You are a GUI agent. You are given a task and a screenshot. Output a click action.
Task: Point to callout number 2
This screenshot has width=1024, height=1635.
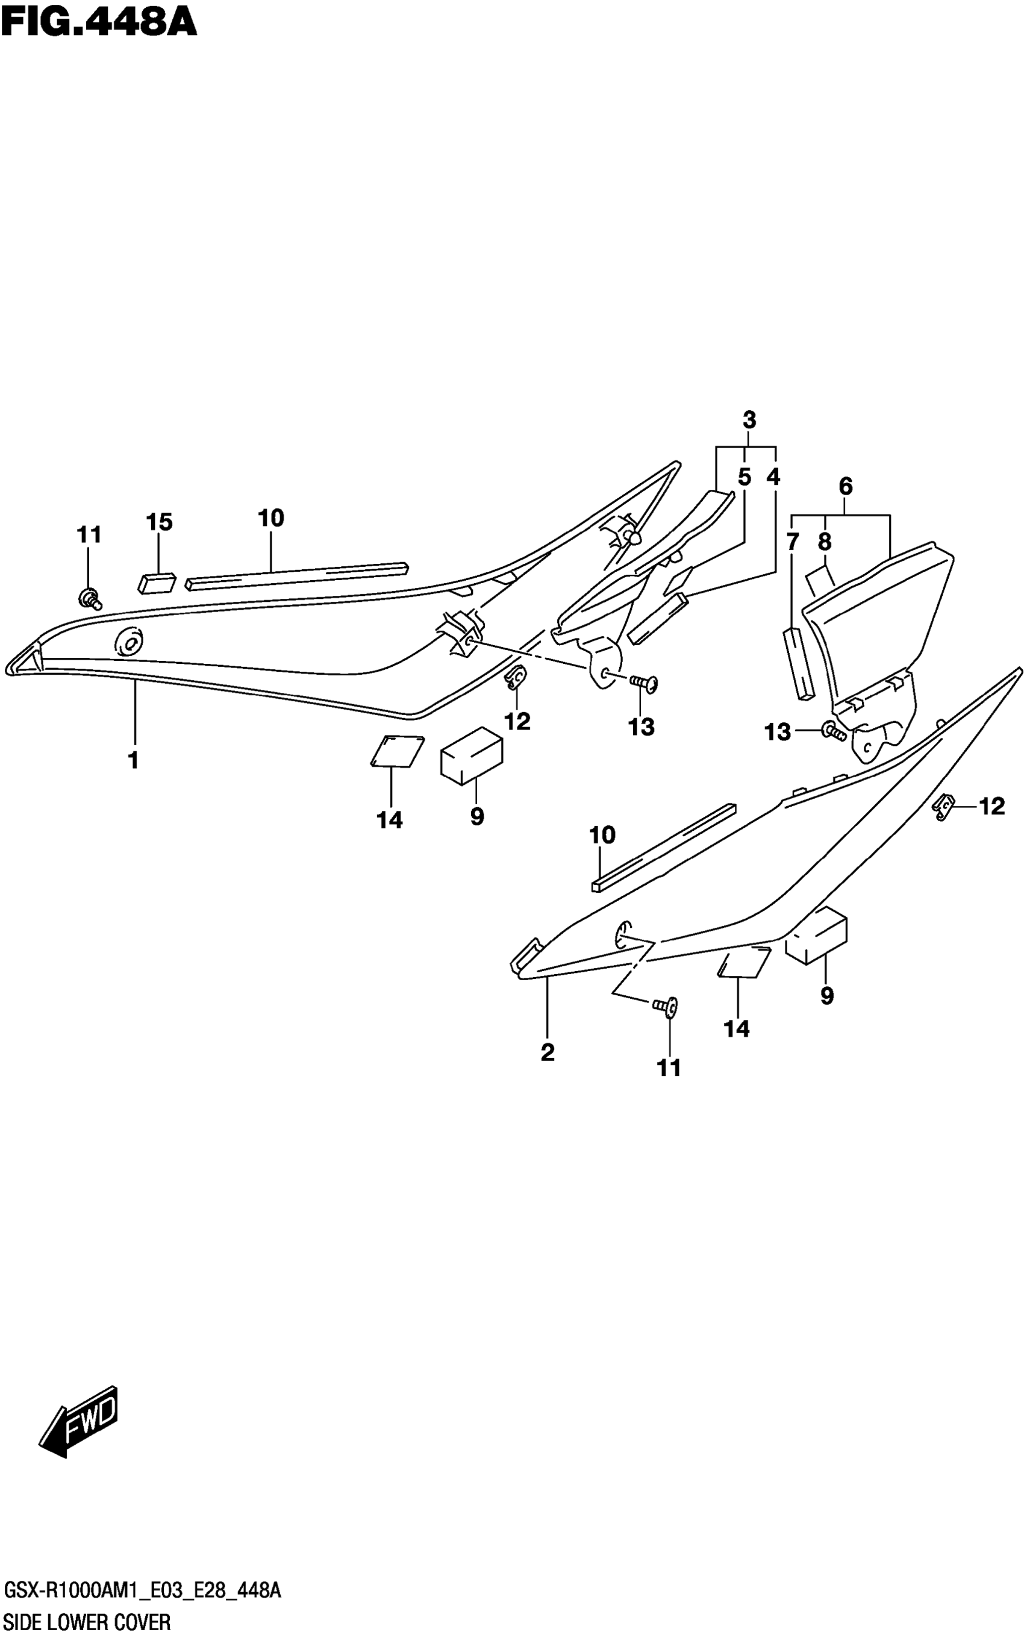(x=547, y=1052)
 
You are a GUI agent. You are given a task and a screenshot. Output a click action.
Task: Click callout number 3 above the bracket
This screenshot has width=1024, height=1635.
(x=748, y=420)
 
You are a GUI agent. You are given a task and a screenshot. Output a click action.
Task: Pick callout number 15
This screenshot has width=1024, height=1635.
(x=159, y=522)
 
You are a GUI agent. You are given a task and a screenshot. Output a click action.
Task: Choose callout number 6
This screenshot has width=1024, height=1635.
(x=845, y=486)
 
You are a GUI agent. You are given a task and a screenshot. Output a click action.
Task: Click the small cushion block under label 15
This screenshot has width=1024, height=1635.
(x=157, y=583)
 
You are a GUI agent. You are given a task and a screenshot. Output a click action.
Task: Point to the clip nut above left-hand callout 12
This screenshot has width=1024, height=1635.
(x=516, y=677)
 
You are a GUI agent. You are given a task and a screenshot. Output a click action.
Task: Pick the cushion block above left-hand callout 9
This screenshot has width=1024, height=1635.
(x=472, y=754)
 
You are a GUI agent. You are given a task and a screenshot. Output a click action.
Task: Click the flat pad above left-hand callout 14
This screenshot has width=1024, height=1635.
(x=398, y=751)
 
